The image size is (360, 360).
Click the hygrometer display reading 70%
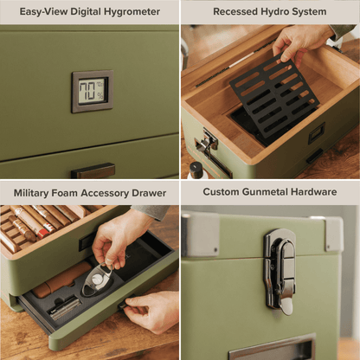click(x=91, y=91)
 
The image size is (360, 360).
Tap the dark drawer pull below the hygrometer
click(x=93, y=170)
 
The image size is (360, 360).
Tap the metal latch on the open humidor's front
click(x=208, y=140)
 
